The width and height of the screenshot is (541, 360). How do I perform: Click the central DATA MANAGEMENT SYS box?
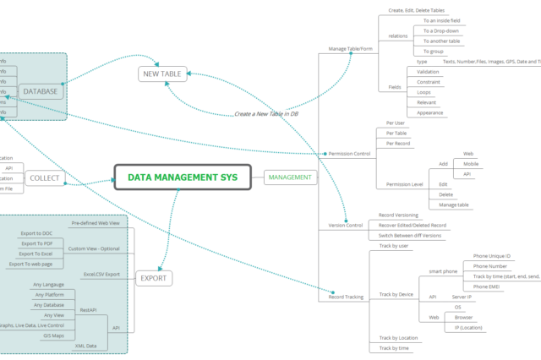(x=183, y=177)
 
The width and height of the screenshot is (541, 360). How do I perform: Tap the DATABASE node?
(x=40, y=90)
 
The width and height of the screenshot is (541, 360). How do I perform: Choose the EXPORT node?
(x=153, y=277)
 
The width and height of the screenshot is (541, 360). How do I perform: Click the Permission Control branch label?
(x=349, y=154)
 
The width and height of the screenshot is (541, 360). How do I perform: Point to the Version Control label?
(x=346, y=226)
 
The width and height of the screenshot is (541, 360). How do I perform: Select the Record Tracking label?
(x=346, y=297)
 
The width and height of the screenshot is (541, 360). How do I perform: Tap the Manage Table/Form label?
(x=350, y=49)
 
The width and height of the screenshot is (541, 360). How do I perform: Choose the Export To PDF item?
(x=36, y=243)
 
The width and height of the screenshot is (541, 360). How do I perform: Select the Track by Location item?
(x=397, y=338)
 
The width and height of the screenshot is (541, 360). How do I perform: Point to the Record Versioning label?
(x=398, y=215)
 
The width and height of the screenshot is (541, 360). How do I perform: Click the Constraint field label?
(x=428, y=83)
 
